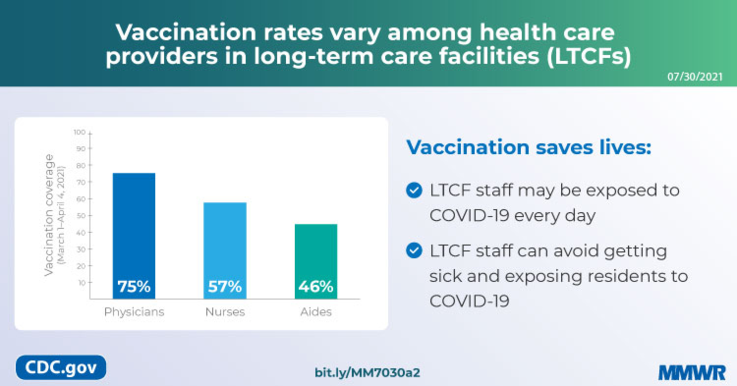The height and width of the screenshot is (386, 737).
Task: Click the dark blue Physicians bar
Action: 134,226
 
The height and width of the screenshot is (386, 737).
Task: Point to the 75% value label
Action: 134,286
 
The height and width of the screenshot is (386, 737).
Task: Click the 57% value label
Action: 225,286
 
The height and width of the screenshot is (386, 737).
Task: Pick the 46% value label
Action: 316,286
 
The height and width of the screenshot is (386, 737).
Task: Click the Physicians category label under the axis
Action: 134,312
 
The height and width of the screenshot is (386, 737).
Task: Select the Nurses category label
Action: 225,312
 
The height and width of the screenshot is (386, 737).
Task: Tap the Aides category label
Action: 316,312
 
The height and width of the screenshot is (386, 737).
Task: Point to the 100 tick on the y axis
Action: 80,132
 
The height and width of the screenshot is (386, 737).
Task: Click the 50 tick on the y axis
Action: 81,216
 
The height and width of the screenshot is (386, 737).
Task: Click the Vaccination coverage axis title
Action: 49,215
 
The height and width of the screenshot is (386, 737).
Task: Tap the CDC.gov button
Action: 61,368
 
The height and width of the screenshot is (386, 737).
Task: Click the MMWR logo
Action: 692,373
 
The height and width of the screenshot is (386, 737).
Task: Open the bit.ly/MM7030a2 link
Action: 367,373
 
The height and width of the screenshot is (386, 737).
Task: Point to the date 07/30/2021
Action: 695,77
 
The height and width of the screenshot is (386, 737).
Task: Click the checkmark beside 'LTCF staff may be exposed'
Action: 414,190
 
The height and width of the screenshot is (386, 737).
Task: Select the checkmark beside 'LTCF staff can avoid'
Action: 414,250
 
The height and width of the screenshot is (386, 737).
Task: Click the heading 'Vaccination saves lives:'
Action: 529,147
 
